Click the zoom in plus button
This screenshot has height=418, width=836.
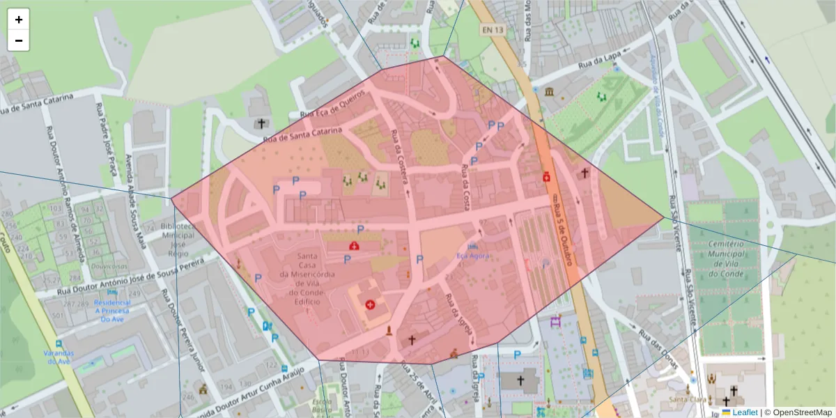[19, 20]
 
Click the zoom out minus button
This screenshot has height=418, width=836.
[19, 40]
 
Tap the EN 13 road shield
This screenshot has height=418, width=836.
[492, 29]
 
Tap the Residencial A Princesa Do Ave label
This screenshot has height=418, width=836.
[112, 311]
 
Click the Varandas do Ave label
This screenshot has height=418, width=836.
[58, 357]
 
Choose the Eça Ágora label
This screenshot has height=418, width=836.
[473, 256]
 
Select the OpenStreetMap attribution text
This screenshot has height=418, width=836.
[802, 412]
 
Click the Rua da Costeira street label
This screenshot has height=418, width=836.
[400, 157]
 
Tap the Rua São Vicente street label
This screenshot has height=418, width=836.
[682, 258]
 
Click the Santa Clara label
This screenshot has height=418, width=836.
[688, 399]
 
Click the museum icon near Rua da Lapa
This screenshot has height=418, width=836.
[550, 92]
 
